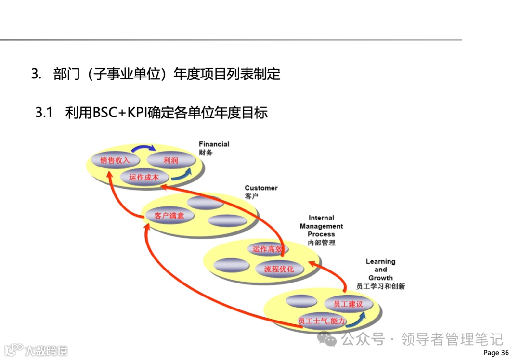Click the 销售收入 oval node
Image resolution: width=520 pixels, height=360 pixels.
pyautogui.click(x=115, y=160)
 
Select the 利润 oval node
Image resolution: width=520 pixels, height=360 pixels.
pyautogui.click(x=170, y=160)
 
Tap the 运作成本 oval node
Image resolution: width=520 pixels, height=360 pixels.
pyautogui.click(x=144, y=177)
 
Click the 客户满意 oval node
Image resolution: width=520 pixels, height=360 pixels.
pyautogui.click(x=169, y=216)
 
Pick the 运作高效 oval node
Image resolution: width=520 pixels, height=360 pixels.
pyautogui.click(x=267, y=249)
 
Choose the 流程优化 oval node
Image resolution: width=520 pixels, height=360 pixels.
pyautogui.click(x=279, y=269)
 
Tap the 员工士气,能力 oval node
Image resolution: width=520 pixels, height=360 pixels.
pyautogui.click(x=322, y=321)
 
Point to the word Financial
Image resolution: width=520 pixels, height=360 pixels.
pyautogui.click(x=214, y=144)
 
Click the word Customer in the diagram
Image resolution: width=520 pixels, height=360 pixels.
pyautogui.click(x=261, y=188)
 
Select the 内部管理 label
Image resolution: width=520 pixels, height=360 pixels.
pyautogui.click(x=322, y=243)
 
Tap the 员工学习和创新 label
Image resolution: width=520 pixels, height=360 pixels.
pyautogui.click(x=380, y=286)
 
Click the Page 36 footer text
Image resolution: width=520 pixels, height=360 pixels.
pyautogui.click(x=496, y=353)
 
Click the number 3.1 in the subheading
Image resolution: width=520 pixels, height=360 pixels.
pyautogui.click(x=43, y=113)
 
